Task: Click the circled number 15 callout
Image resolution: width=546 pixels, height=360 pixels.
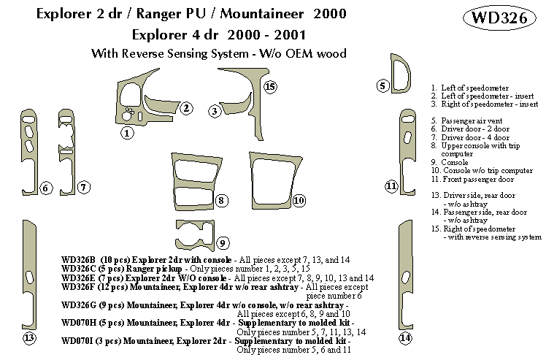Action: coord(270,88)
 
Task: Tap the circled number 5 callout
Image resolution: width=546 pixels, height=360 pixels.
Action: coord(382,86)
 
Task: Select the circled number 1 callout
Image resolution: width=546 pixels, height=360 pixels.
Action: coord(127,133)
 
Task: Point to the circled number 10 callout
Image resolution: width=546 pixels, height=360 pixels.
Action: coord(299,200)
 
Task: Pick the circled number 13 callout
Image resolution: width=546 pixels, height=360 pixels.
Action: coord(28,338)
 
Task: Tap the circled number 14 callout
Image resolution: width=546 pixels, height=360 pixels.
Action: coord(405,338)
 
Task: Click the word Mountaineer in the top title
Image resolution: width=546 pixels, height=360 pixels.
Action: coord(259,14)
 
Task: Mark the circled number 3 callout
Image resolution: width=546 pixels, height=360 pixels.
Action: coord(215,111)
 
